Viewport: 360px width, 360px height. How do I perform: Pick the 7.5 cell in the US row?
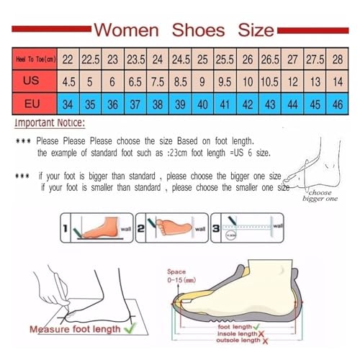click(158, 81)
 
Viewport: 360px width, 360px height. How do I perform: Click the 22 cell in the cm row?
click(68, 58)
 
